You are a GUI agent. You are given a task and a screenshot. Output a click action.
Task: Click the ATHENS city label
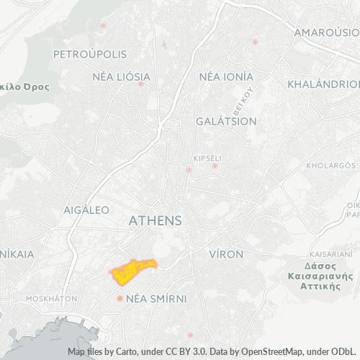[x=155, y=221]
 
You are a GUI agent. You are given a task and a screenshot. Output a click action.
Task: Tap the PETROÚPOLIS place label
[x=90, y=54]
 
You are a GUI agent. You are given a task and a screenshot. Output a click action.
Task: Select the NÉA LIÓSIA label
[x=122, y=76]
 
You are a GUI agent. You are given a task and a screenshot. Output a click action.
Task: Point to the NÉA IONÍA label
[x=226, y=76]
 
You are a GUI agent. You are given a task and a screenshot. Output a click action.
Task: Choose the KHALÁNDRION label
[x=323, y=84]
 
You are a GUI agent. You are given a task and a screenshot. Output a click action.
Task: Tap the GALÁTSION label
[x=226, y=121]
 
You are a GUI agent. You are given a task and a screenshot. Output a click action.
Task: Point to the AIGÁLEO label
[x=86, y=210]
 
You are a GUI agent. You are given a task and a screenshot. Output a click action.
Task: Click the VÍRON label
[x=225, y=254]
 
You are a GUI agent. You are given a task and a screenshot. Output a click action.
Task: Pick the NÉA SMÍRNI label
[x=156, y=298]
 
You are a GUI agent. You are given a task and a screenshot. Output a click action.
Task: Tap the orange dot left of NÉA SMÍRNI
[x=120, y=298]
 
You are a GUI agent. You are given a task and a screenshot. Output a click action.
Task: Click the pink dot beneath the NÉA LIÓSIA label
[x=141, y=84]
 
